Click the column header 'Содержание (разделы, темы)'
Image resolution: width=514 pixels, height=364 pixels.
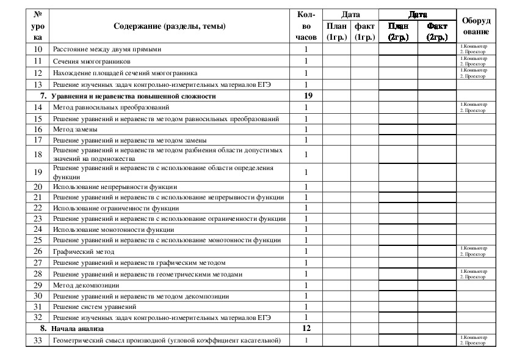(169, 26)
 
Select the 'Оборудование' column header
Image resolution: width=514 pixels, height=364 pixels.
(476, 26)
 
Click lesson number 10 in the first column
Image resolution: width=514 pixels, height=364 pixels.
(38, 49)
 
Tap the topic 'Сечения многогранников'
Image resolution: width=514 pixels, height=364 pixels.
(91, 61)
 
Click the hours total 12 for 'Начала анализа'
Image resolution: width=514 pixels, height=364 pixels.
(306, 329)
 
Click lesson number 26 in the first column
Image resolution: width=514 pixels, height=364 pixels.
(38, 251)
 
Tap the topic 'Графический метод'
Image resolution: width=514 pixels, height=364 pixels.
(84, 251)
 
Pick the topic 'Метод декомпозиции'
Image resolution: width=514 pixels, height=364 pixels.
(85, 285)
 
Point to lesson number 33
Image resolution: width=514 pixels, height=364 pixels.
(38, 340)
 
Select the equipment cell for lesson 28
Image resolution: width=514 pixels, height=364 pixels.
(476, 274)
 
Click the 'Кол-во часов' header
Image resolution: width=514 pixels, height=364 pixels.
(306, 26)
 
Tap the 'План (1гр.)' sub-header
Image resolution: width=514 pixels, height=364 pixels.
(336, 31)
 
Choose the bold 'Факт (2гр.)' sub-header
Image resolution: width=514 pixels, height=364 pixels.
(437, 31)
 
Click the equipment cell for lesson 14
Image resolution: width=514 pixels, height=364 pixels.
(476, 108)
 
